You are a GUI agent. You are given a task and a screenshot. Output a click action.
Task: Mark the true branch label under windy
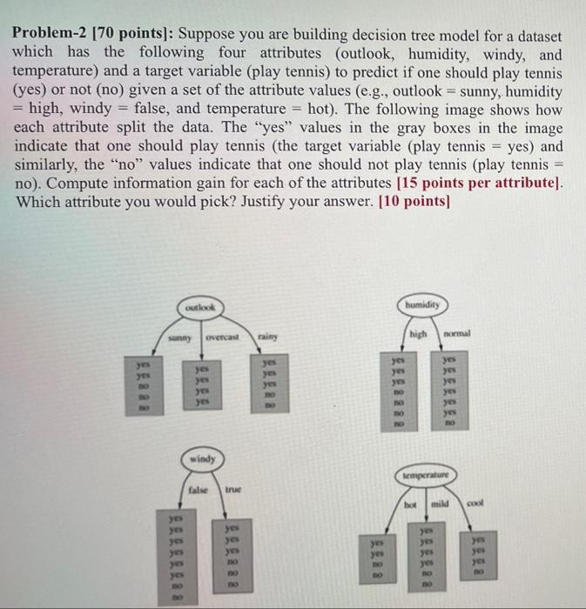tap(234, 492)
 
